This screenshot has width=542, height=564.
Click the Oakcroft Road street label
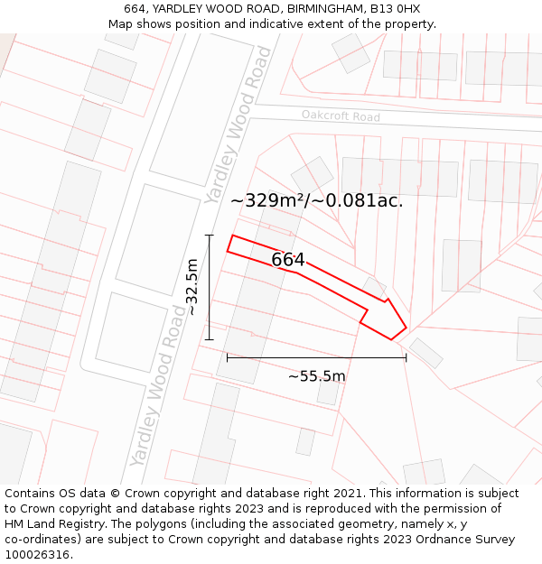pyautogui.click(x=341, y=116)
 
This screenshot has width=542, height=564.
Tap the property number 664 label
pyautogui.click(x=288, y=260)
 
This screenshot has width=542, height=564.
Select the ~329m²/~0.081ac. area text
pyautogui.click(x=317, y=200)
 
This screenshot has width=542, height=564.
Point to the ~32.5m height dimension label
pyautogui.click(x=192, y=287)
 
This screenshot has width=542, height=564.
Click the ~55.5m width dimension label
pyautogui.click(x=316, y=376)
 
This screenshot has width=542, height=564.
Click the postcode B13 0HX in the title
pyautogui.click(x=395, y=9)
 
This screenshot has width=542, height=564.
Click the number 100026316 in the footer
pyautogui.click(x=37, y=555)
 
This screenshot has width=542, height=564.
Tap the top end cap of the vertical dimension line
pyautogui.click(x=209, y=236)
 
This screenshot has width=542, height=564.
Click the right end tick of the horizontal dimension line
pyautogui.click(x=406, y=357)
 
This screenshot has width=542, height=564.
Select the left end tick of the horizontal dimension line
pyautogui.click(x=227, y=357)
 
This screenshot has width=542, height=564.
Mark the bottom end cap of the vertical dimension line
pyautogui.click(x=209, y=340)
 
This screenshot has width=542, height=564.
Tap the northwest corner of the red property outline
pyautogui.click(x=232, y=236)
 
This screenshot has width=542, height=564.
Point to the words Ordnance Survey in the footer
pyautogui.click(x=467, y=540)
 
